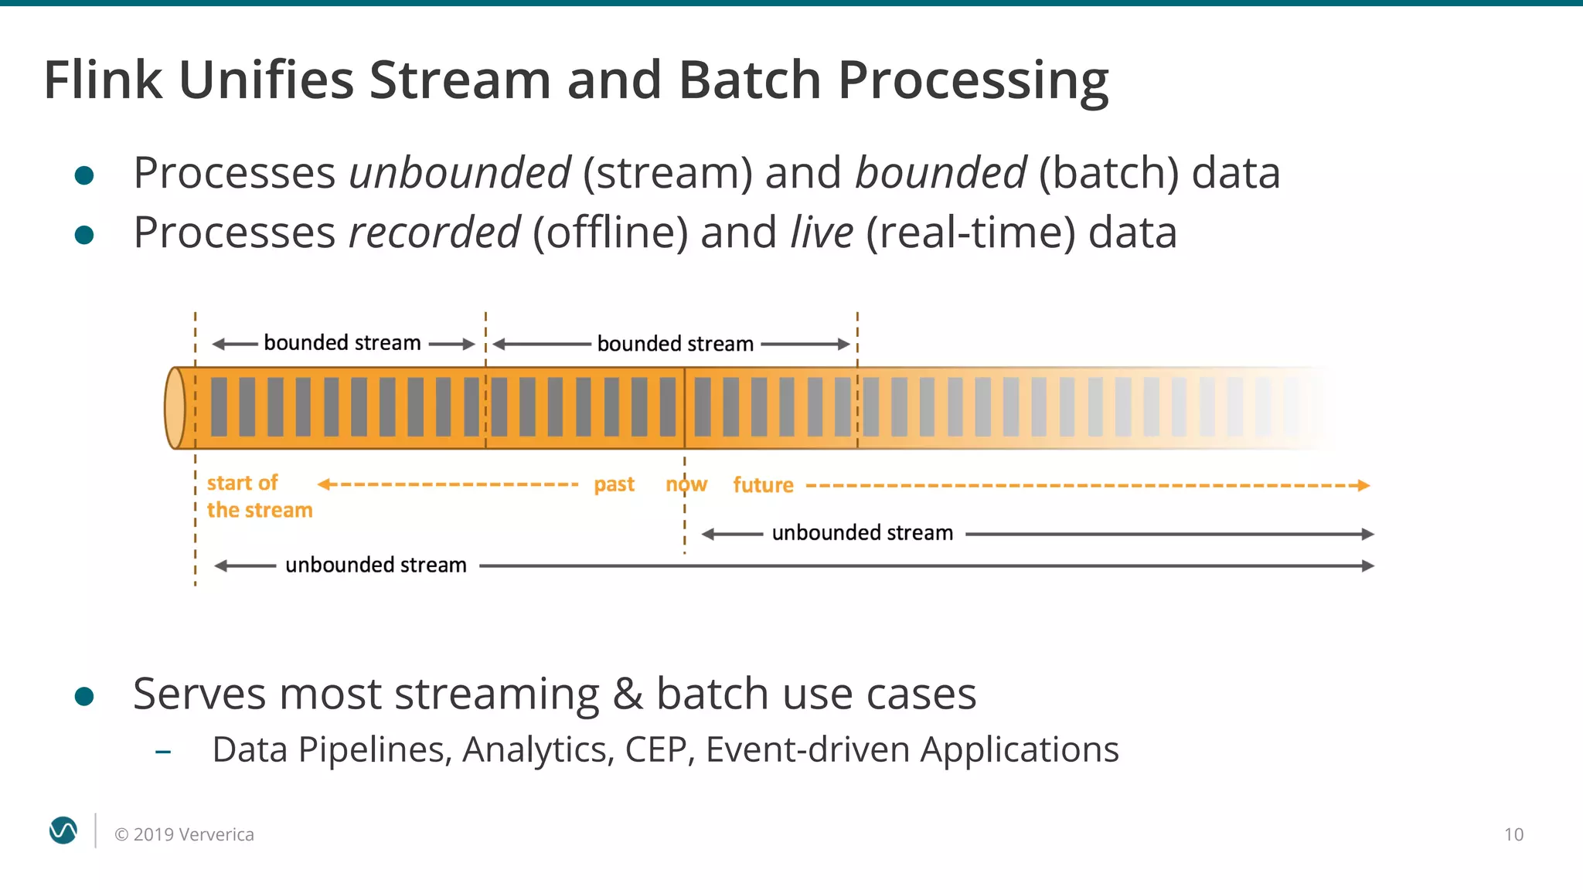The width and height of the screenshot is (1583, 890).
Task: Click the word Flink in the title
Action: point(103,80)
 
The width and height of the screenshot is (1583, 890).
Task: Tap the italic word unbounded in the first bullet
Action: point(459,173)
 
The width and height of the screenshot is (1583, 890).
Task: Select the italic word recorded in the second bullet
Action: point(434,233)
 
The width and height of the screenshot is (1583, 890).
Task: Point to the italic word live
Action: point(822,233)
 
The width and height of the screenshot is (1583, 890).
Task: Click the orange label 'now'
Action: point(686,484)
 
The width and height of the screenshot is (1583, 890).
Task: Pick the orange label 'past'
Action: point(614,484)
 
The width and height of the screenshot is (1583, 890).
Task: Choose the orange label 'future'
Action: point(763,485)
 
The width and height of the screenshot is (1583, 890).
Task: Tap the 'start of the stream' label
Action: point(259,496)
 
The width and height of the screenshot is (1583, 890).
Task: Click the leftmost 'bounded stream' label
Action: point(342,343)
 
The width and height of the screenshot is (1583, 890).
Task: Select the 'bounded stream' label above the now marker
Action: point(675,344)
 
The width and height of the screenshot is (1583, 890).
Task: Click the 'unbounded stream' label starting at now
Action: point(862,533)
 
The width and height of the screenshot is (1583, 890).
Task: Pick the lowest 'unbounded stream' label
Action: point(376,566)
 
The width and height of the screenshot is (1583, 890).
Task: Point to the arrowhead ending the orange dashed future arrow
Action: point(1364,485)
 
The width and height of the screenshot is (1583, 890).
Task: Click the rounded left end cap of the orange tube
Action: point(175,408)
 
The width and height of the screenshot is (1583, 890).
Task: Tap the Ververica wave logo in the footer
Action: point(63,831)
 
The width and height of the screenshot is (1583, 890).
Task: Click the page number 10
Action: point(1513,834)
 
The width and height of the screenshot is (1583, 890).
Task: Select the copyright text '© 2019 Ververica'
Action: point(184,834)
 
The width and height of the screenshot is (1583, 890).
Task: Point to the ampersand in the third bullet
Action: point(627,694)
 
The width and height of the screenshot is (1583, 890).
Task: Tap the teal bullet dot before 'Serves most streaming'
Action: point(84,697)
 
